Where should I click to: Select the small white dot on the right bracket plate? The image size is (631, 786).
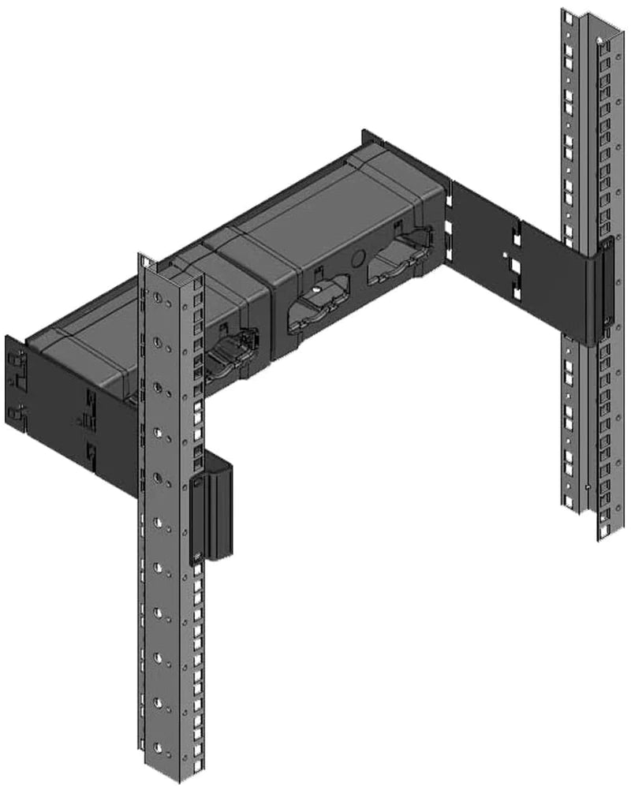(505, 254)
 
